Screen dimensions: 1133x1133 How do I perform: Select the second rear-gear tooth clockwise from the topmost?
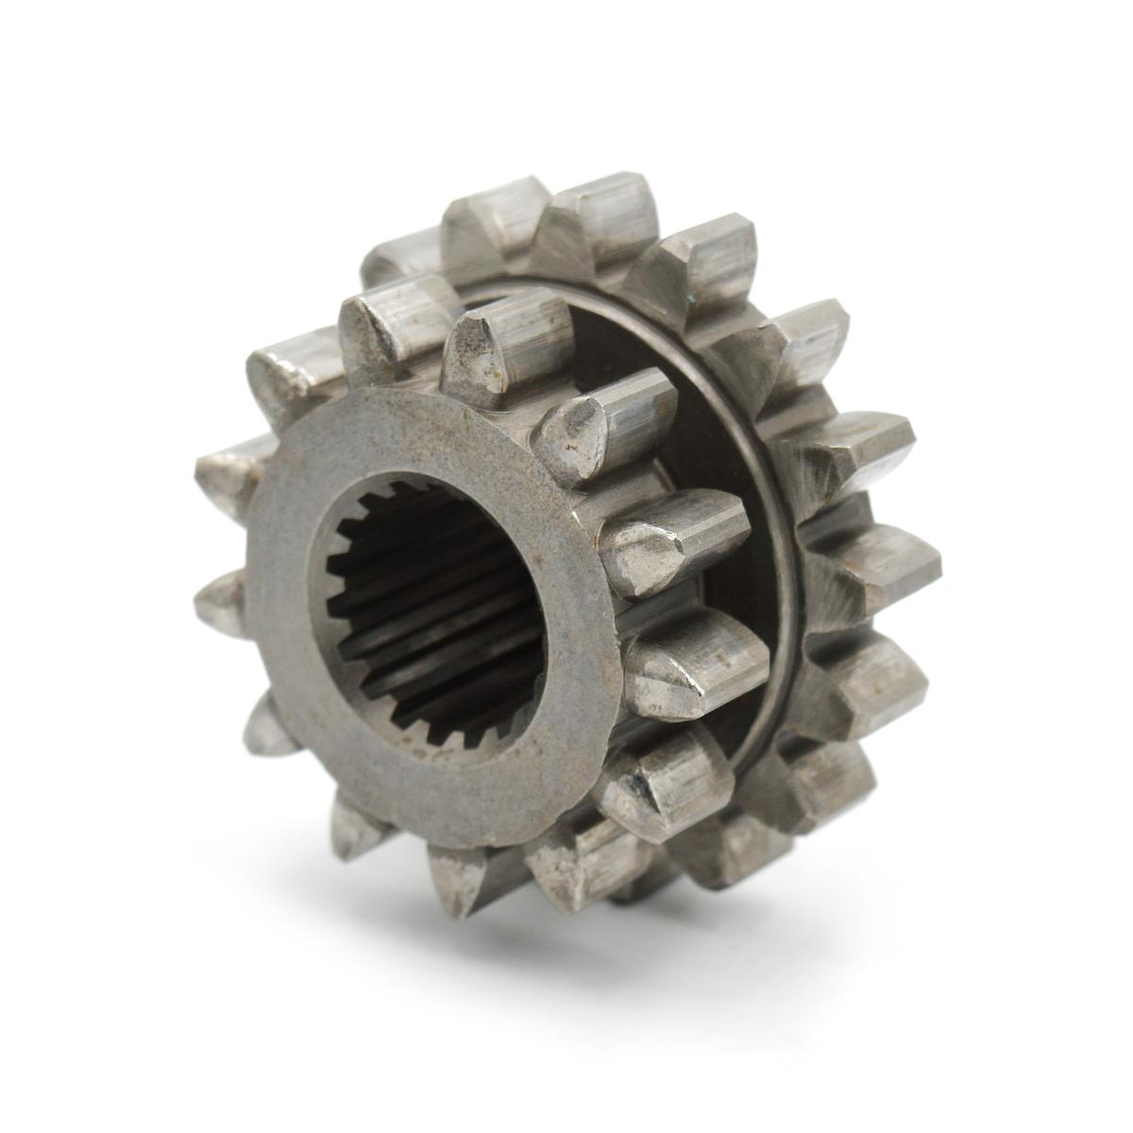click(807, 345)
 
